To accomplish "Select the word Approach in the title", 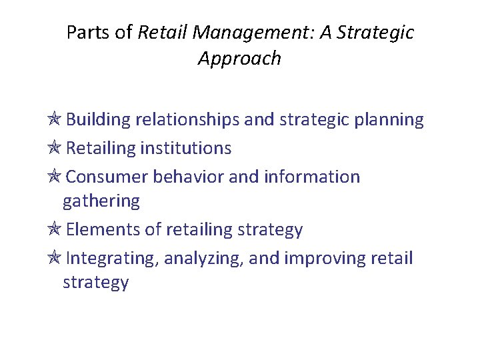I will coord(239,59).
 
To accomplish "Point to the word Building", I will coord(98,120).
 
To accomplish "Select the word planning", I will coord(390,120).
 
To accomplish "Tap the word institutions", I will coord(186,148).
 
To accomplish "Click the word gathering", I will coord(101,201).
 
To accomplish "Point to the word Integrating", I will coord(111,258).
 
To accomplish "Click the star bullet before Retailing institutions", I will coord(55,147).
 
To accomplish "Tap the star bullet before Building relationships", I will coord(55,119).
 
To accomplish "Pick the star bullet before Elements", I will coord(55,229).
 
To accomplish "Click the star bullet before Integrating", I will coord(55,257).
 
